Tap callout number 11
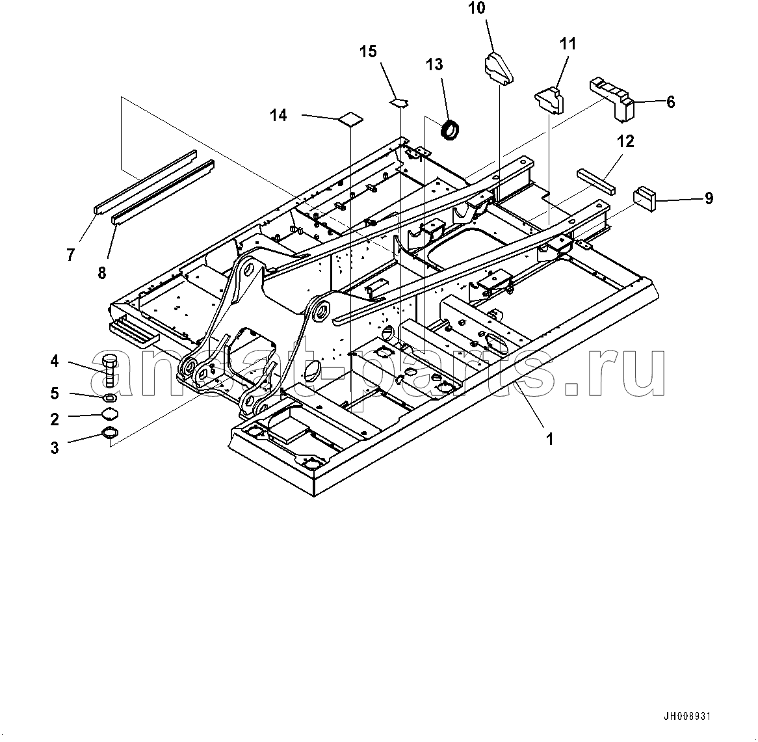(568, 44)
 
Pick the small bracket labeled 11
(549, 99)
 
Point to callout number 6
(670, 102)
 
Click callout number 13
(434, 64)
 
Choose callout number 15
(369, 51)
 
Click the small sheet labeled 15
(400, 101)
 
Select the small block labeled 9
(647, 198)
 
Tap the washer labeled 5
(109, 397)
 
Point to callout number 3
(55, 447)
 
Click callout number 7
(70, 255)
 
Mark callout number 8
(102, 272)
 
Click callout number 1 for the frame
(549, 439)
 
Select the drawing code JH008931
(687, 717)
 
